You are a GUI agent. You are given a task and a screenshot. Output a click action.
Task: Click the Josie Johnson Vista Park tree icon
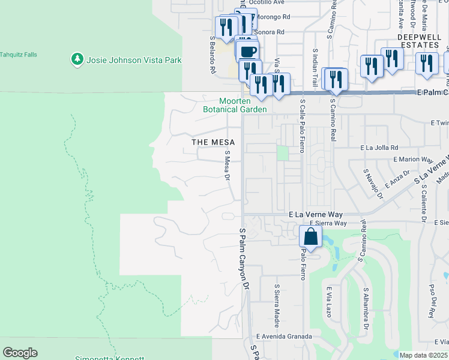(x=77, y=59)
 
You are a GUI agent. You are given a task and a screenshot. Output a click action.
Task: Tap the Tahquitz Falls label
(x=19, y=55)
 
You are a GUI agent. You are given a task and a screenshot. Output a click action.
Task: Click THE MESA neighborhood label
(x=212, y=142)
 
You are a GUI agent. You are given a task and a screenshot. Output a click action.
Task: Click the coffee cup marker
(x=248, y=51)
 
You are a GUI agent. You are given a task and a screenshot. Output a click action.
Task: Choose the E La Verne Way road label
(x=315, y=214)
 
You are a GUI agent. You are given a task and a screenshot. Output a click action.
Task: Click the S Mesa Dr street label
(x=228, y=166)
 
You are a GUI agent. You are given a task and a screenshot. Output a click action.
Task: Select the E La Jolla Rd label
(x=379, y=148)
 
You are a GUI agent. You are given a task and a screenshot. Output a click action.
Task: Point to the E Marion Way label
(x=413, y=160)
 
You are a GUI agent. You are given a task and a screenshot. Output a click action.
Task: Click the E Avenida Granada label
(x=284, y=337)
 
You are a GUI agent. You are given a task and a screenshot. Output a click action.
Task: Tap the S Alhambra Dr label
(x=366, y=308)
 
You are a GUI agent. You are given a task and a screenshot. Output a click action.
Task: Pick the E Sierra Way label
(x=328, y=223)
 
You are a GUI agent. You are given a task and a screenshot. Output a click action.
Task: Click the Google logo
(x=20, y=353)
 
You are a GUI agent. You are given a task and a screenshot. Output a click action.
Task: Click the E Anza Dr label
(x=399, y=179)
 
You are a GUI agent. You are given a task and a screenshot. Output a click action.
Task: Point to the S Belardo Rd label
(x=212, y=54)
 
